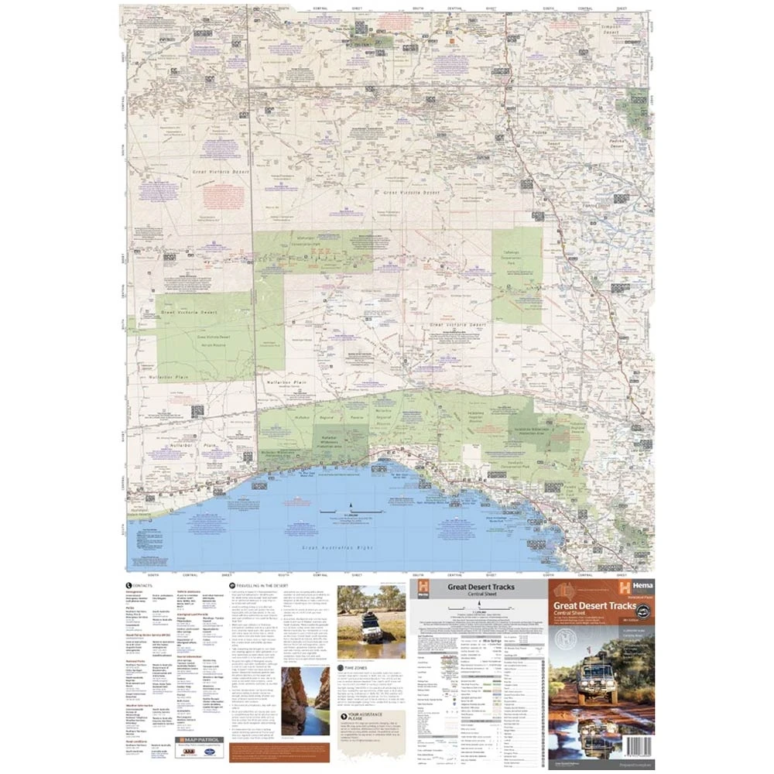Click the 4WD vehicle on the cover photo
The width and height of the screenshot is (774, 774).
point(599,681)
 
